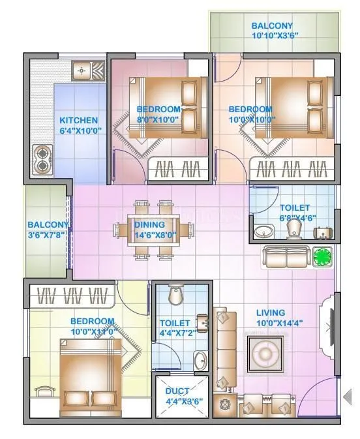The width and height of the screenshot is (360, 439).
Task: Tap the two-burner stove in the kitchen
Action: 43,160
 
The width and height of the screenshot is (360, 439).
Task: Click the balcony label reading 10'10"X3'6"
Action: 272,32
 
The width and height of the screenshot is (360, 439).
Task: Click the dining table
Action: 154,229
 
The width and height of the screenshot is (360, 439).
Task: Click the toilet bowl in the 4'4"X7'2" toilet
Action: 175,297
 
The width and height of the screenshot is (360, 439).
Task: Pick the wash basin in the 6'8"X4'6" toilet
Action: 265,232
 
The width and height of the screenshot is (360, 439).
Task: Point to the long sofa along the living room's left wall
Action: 226,349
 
